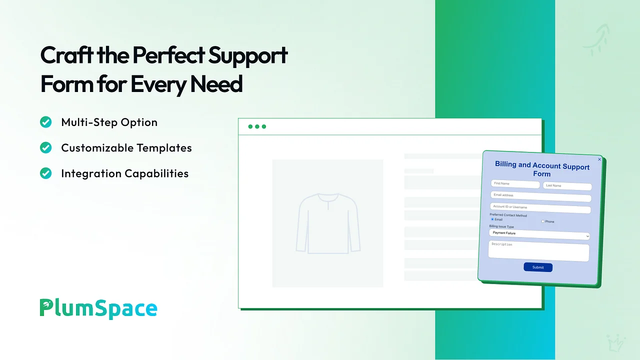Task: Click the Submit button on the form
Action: pos(538,267)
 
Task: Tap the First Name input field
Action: pos(515,184)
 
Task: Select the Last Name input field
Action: pos(567,186)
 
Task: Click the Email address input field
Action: pos(541,196)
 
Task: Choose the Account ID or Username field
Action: pos(540,207)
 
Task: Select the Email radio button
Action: pos(492,219)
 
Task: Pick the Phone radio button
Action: pos(543,221)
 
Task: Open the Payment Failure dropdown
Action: pos(539,234)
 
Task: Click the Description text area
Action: pos(539,251)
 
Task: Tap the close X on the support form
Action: pos(599,159)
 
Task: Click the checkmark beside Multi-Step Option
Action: pos(45,122)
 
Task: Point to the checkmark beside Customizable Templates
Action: pos(45,147)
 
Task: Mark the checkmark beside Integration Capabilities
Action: pos(45,173)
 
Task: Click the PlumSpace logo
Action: pos(98,308)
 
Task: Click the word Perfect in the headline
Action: pos(168,55)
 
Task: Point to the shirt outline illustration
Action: pos(328,223)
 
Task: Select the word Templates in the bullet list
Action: pos(164,147)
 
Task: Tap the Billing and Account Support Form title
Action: pos(542,169)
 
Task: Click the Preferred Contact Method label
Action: pos(508,215)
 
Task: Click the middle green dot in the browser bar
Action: pos(257,126)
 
